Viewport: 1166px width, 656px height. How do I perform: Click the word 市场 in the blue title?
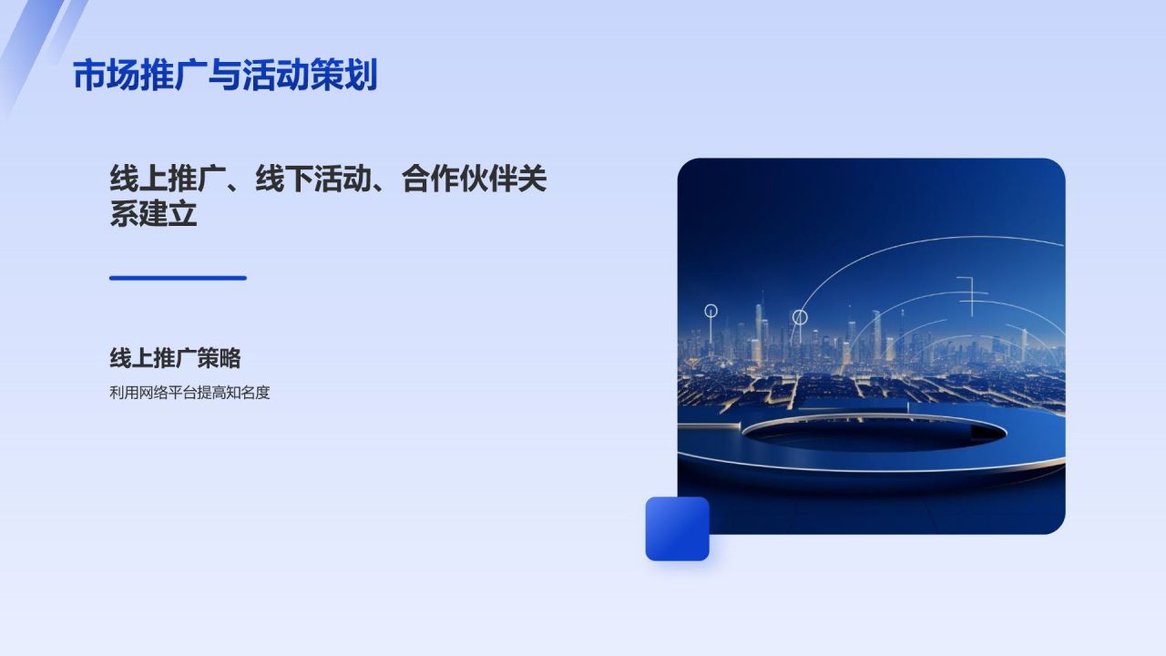click(x=103, y=76)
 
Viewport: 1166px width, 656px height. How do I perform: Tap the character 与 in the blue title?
click(x=224, y=76)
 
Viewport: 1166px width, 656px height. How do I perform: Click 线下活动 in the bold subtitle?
click(x=313, y=179)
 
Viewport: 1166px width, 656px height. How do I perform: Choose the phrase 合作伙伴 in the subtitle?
click(x=459, y=179)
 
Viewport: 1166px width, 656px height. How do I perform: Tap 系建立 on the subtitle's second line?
click(x=153, y=214)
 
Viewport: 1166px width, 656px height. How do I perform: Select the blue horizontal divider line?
click(x=178, y=278)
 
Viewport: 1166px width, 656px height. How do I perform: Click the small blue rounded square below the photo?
click(x=677, y=528)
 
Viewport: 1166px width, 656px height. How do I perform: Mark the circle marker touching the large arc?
click(x=799, y=317)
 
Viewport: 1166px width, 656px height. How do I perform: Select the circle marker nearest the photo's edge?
click(x=711, y=311)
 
